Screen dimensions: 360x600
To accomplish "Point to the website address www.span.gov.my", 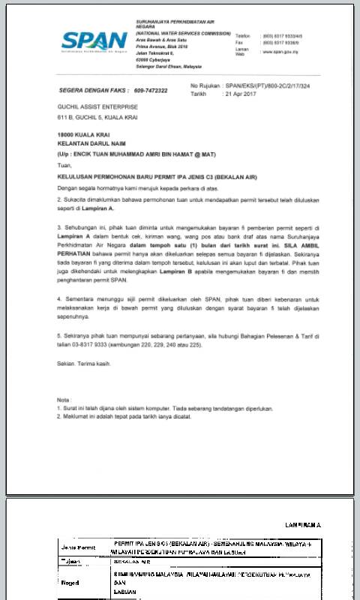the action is tap(280, 52).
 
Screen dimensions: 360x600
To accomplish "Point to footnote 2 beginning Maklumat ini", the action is tap(112, 415).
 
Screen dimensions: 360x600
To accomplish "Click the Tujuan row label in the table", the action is tap(70, 560).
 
